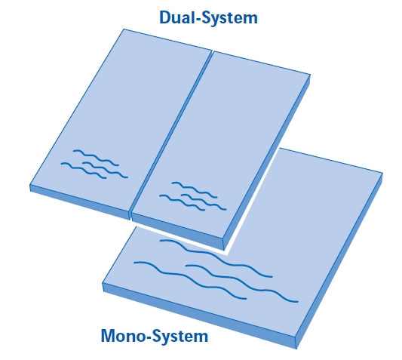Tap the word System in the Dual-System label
point(229,19)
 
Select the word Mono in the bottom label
point(124,336)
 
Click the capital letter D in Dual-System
point(165,17)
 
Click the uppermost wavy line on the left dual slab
point(96,157)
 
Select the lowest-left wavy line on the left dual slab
point(84,170)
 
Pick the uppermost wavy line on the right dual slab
point(195,189)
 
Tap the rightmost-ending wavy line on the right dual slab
point(204,202)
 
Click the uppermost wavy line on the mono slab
point(216,257)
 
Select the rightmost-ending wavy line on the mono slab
point(241,282)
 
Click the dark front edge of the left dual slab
point(79,202)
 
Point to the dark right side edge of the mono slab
point(339,261)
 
